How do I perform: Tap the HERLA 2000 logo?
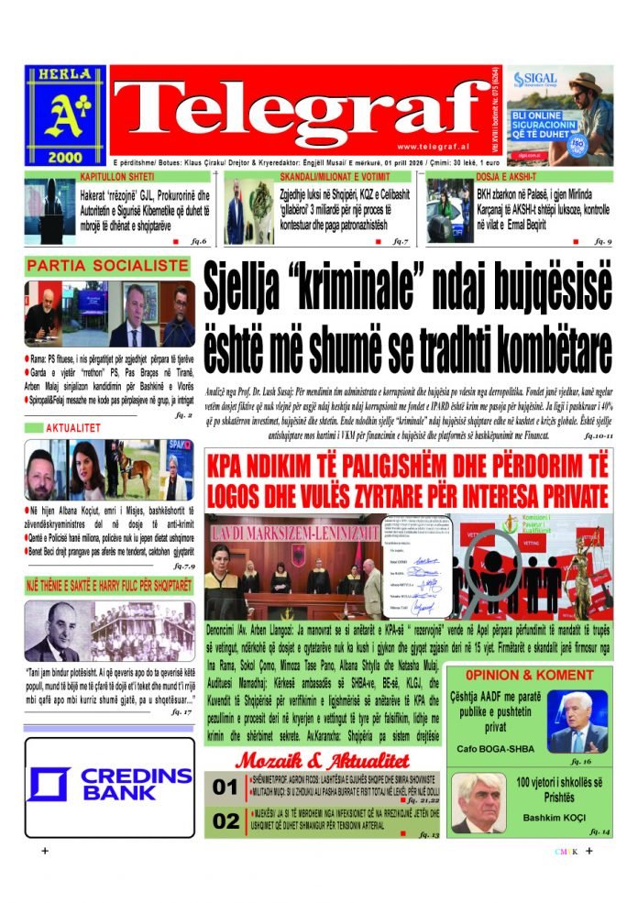click(x=65, y=114)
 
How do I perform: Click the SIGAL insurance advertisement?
click(x=560, y=114)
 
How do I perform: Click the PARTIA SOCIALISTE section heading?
click(x=108, y=267)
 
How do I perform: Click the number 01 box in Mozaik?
click(x=225, y=787)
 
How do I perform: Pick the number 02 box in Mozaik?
click(x=225, y=821)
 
